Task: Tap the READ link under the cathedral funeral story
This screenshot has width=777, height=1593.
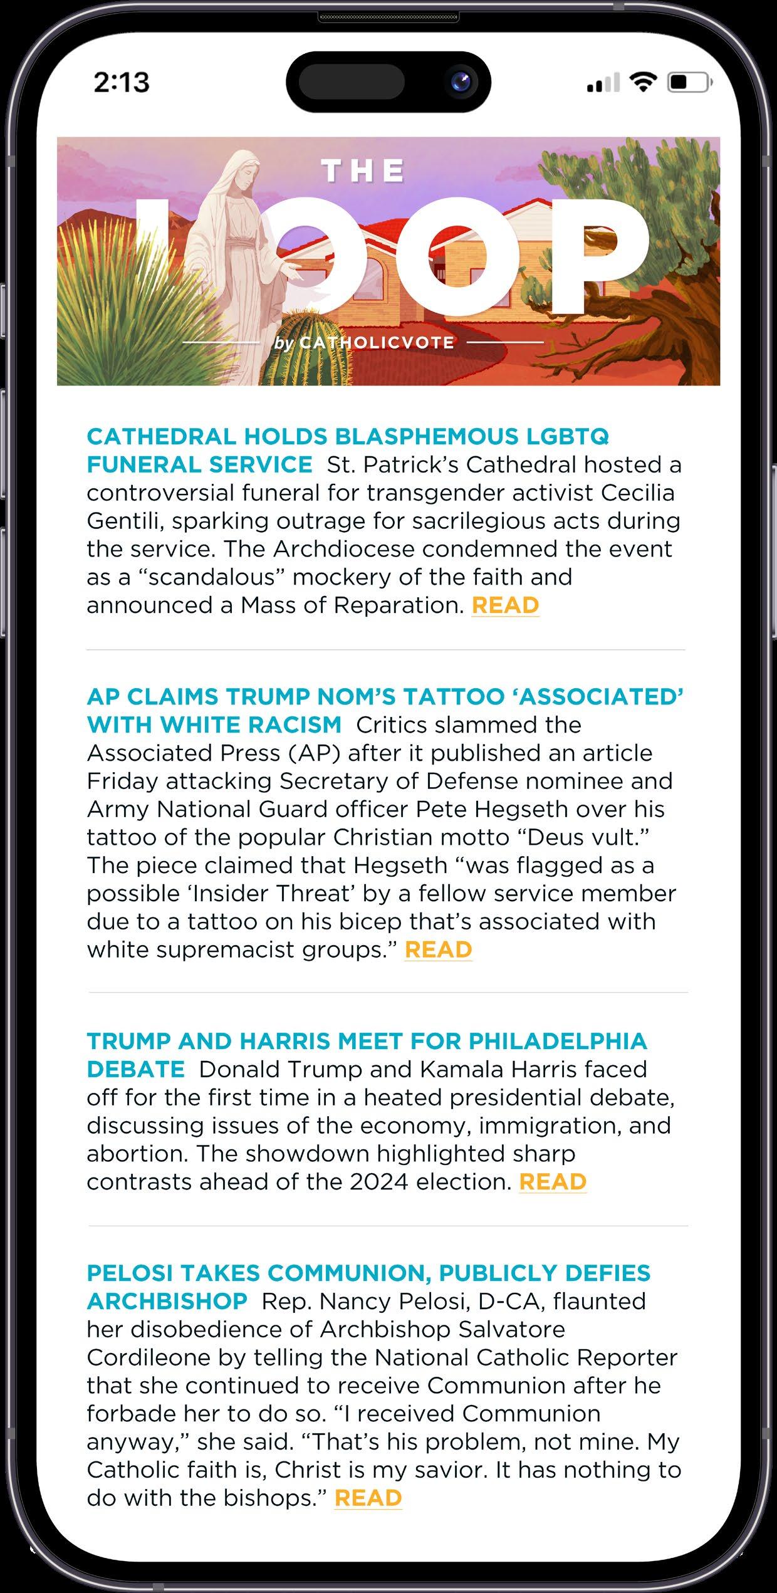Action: (505, 605)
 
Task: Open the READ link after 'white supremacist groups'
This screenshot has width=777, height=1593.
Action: (438, 949)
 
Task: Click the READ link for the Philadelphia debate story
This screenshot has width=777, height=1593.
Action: (552, 1181)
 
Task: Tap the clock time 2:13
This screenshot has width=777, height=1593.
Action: (122, 82)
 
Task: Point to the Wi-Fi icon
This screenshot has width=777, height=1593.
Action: (642, 81)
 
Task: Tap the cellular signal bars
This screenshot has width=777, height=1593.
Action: (603, 83)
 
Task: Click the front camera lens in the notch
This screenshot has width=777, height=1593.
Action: (464, 83)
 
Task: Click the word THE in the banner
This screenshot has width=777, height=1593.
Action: (363, 171)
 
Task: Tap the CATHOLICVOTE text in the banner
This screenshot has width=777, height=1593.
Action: (377, 343)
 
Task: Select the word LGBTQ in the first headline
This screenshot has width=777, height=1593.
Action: (566, 436)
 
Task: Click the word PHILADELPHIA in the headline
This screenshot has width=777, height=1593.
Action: (558, 1041)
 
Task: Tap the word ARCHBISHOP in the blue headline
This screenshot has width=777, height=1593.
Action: (167, 1300)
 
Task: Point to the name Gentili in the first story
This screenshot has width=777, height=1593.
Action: (123, 521)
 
